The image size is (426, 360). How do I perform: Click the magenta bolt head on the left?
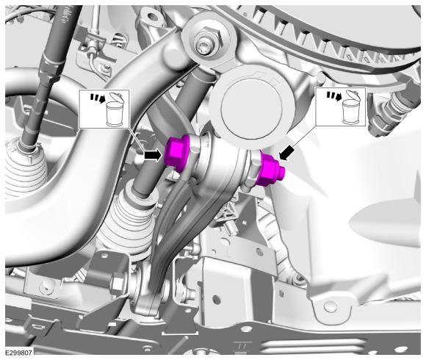click(176, 153)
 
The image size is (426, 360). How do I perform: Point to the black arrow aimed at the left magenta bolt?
click(153, 156)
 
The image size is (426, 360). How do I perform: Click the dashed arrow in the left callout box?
click(98, 98)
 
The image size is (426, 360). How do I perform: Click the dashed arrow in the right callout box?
click(334, 96)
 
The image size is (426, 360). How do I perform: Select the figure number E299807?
click(19, 353)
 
